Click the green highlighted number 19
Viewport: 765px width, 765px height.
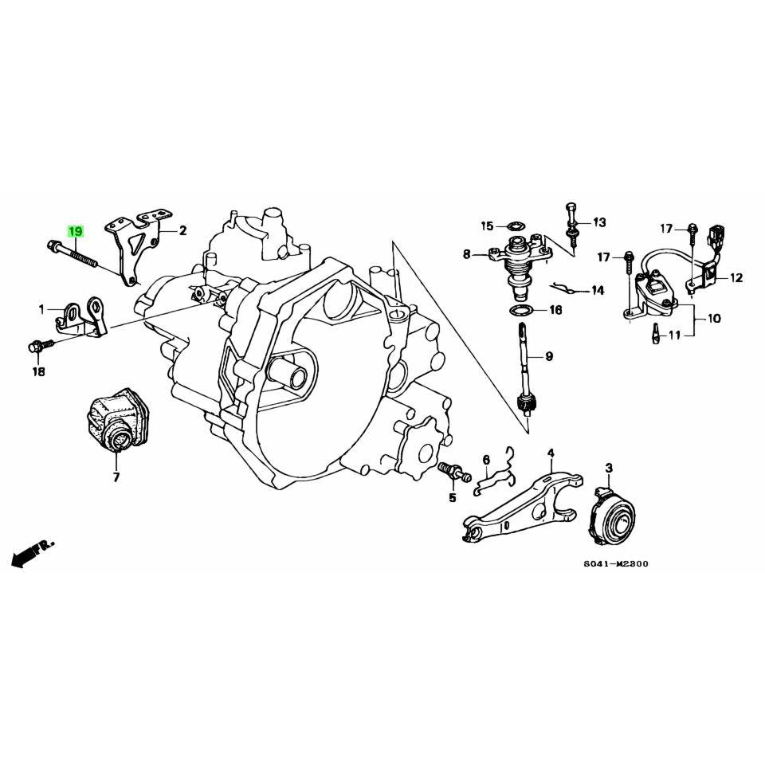(75, 232)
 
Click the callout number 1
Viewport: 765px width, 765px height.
(41, 308)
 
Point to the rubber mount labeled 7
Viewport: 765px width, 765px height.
(117, 419)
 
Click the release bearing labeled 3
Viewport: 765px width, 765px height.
(610, 518)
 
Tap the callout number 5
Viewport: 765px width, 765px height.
(452, 498)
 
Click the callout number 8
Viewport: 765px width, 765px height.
(466, 255)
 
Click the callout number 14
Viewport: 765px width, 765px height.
(598, 291)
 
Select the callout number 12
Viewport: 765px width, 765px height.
(736, 278)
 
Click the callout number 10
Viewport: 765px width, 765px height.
(713, 319)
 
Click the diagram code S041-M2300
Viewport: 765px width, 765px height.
(615, 564)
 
